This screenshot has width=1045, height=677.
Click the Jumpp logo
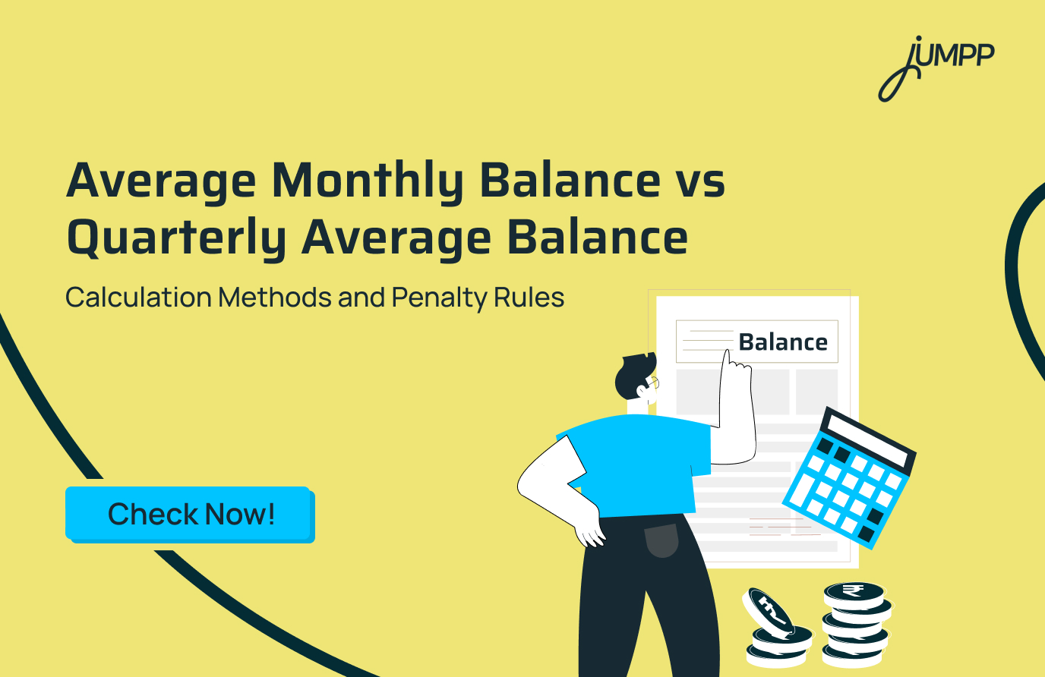pos(936,67)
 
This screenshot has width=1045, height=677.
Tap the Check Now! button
pos(190,514)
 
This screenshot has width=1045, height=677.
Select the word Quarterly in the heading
pos(176,238)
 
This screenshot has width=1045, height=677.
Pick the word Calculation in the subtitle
pos(138,298)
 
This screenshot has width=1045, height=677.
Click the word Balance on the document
pos(783,342)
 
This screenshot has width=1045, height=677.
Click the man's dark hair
pos(632,373)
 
